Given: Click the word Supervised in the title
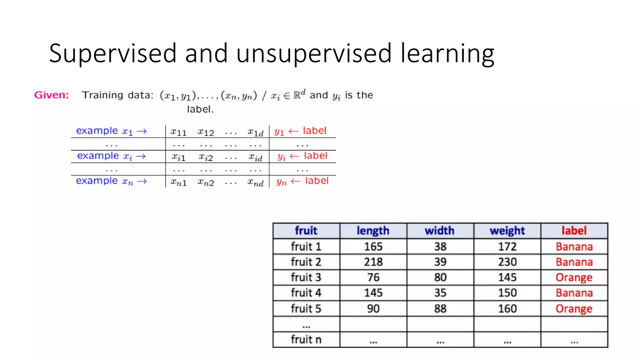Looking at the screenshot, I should click(x=113, y=53).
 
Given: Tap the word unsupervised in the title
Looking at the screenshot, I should click(x=314, y=53).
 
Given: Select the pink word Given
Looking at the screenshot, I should click(x=51, y=95).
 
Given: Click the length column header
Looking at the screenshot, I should click(x=373, y=231).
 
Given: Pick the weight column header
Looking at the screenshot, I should click(x=507, y=231).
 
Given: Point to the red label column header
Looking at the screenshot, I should click(x=574, y=231).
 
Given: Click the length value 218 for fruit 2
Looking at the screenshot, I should click(x=373, y=262).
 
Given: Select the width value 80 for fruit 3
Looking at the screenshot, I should click(x=440, y=277).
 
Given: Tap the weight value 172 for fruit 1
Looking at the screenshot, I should click(x=507, y=247).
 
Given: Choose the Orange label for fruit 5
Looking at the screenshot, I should click(x=574, y=309).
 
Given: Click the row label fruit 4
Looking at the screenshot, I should click(x=306, y=293).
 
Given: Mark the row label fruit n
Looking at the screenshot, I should click(x=306, y=339).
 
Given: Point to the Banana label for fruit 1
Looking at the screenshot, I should click(x=574, y=247).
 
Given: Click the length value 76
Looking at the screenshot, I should click(x=373, y=277).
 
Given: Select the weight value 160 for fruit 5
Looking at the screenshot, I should click(x=507, y=309).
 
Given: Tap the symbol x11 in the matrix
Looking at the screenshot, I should click(x=178, y=132).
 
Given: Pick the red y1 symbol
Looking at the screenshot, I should click(x=279, y=132).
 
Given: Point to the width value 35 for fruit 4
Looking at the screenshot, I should click(x=440, y=293).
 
